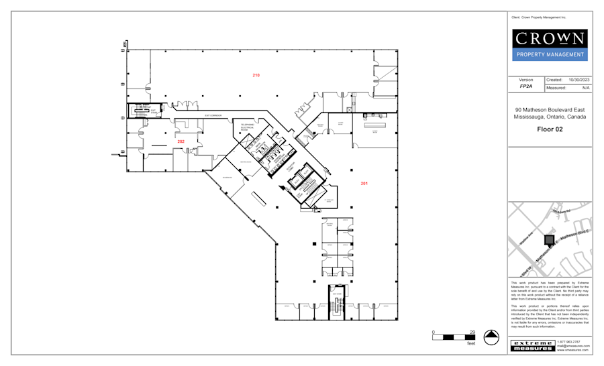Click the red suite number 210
256,74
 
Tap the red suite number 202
181,141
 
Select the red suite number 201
364,183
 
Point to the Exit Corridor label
213,115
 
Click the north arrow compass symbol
493,338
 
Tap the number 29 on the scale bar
472,332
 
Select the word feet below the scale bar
471,344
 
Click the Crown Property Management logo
549,45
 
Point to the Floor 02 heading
549,129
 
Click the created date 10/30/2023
578,80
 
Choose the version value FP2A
525,86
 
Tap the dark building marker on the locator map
549,239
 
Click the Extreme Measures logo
533,345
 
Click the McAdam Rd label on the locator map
561,212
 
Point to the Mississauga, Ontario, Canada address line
549,117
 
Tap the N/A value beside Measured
585,87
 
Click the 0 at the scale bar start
434,332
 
